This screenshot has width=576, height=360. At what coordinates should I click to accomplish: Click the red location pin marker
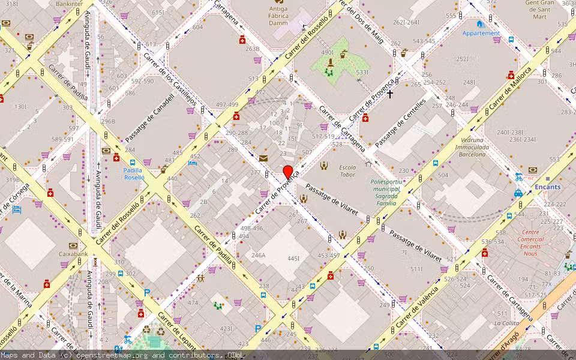tap(287, 172)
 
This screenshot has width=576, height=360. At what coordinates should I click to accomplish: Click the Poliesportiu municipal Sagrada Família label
tap(385, 192)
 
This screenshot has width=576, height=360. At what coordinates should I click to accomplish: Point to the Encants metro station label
tap(548, 187)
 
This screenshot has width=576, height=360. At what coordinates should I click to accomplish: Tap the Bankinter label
tap(69, 4)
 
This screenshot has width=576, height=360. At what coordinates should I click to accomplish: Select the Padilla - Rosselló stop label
tap(134, 173)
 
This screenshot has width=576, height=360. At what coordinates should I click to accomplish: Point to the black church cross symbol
tap(389, 94)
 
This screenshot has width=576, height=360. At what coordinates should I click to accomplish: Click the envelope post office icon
tap(263, 158)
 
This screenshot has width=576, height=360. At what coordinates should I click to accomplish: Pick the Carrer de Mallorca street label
tap(510, 89)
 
